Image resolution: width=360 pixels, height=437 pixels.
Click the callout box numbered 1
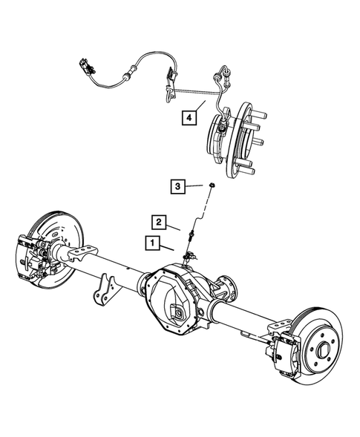click(x=151, y=242)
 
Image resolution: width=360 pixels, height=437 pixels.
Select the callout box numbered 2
click(x=158, y=220)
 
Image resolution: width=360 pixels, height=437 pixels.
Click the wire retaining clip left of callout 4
click(x=168, y=90)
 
